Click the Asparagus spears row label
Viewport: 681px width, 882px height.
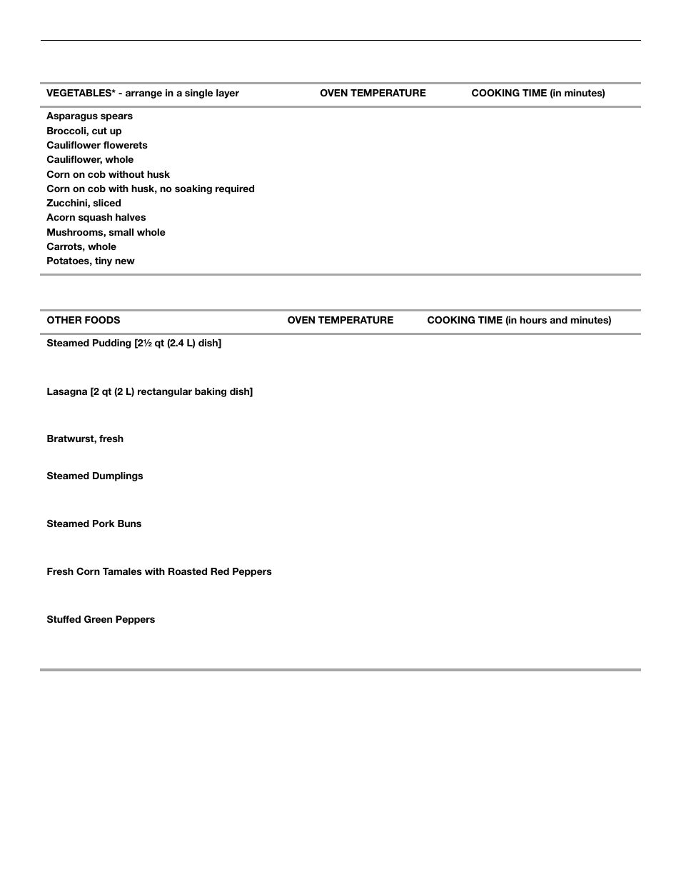tap(89, 116)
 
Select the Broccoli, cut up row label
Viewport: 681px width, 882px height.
tap(84, 131)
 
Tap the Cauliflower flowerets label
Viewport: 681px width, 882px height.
tap(96, 145)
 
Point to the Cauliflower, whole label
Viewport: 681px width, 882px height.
tap(90, 160)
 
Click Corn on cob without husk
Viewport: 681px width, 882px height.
tap(108, 174)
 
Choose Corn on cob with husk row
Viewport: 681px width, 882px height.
tap(150, 189)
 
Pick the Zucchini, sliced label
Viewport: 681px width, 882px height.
tap(84, 203)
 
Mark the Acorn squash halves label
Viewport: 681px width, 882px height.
tap(96, 218)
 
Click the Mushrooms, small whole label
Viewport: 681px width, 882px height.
tap(106, 232)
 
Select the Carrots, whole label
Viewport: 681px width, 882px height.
tap(81, 246)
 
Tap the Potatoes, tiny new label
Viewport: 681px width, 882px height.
tap(90, 261)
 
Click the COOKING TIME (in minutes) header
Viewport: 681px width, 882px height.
tap(538, 94)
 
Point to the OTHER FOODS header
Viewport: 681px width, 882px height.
tap(83, 321)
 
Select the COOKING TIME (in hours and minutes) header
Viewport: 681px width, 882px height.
tap(519, 321)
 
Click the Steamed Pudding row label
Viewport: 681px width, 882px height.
tap(133, 344)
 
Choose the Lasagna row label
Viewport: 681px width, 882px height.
tap(149, 392)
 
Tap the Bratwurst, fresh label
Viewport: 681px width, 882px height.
tap(84, 439)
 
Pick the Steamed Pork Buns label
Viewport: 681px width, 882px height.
tap(94, 524)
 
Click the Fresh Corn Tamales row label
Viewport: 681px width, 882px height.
tap(158, 572)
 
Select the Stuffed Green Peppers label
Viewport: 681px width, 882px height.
tap(100, 620)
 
